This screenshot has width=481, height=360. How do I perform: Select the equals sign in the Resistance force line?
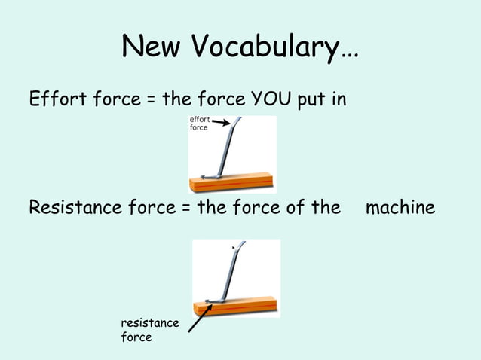click(185, 207)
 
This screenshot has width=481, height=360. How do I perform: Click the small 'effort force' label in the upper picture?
click(199, 124)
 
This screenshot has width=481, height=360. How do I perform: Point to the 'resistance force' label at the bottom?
click(150, 330)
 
